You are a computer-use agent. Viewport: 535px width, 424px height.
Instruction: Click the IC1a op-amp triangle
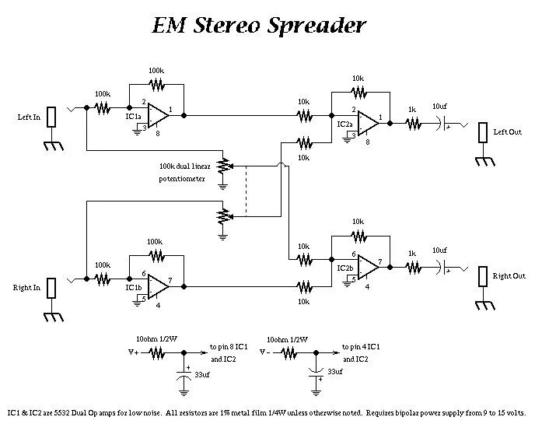pyautogui.click(x=158, y=115)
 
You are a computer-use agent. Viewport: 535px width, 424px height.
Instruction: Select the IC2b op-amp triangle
pyautogui.click(x=368, y=268)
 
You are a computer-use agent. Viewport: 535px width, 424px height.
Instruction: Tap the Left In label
pyautogui.click(x=29, y=117)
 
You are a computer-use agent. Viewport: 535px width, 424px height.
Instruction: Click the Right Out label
pyautogui.click(x=509, y=276)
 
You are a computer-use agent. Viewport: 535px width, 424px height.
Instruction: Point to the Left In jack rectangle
pyautogui.click(x=51, y=117)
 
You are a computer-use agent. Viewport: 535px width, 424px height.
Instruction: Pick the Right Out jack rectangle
pyautogui.click(x=482, y=276)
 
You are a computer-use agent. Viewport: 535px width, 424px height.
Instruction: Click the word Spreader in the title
pyautogui.click(x=316, y=26)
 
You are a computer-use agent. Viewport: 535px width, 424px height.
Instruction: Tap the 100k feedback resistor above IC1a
pyautogui.click(x=157, y=84)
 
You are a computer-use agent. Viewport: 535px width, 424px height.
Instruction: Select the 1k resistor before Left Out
pyautogui.click(x=413, y=124)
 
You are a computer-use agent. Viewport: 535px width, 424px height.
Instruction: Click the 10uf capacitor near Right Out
pyautogui.click(x=442, y=268)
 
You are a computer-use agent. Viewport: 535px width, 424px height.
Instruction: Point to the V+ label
pyautogui.click(x=134, y=352)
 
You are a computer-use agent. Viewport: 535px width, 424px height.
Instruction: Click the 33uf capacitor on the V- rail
pyautogui.click(x=316, y=373)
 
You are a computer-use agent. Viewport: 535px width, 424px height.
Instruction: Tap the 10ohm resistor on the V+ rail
pyautogui.click(x=156, y=352)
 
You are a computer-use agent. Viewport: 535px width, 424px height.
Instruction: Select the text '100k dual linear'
pyautogui.click(x=185, y=166)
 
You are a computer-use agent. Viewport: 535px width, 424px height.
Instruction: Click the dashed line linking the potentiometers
pyautogui.click(x=246, y=191)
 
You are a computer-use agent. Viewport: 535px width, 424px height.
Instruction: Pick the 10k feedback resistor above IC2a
pyautogui.click(x=359, y=92)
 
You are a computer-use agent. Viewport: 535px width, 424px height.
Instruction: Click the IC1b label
pyautogui.click(x=134, y=287)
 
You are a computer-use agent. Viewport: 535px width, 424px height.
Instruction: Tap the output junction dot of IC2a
pyautogui.click(x=390, y=123)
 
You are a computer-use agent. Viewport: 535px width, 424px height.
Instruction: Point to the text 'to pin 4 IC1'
pyautogui.click(x=361, y=347)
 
